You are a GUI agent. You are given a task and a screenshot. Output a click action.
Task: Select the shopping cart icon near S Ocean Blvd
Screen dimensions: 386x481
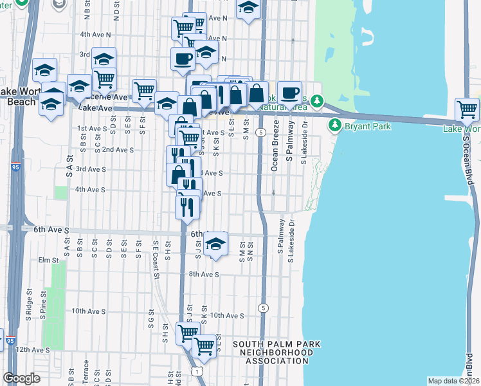467,109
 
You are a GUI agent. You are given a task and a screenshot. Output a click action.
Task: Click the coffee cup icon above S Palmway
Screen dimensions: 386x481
290,91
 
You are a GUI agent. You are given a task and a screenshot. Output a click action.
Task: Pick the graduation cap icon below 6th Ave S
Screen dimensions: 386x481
216,244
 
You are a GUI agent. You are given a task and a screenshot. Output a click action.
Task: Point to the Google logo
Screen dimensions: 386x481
22,378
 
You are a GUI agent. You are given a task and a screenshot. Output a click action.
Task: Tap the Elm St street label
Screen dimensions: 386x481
48,260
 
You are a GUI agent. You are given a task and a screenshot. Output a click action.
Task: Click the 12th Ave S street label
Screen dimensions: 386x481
32,349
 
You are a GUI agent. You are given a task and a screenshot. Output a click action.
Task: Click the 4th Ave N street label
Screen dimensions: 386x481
95,34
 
